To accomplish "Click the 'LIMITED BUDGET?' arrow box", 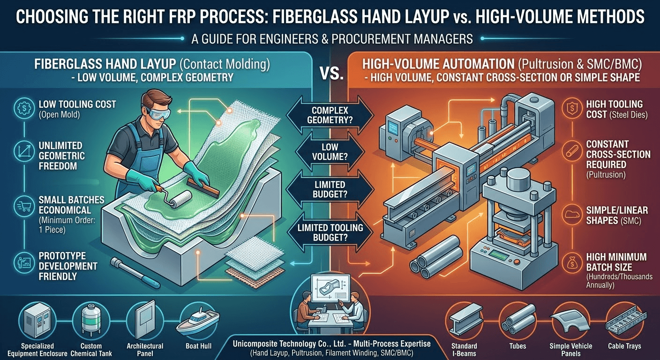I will pos(330,189).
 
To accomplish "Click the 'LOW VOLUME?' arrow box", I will pos(330,153).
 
